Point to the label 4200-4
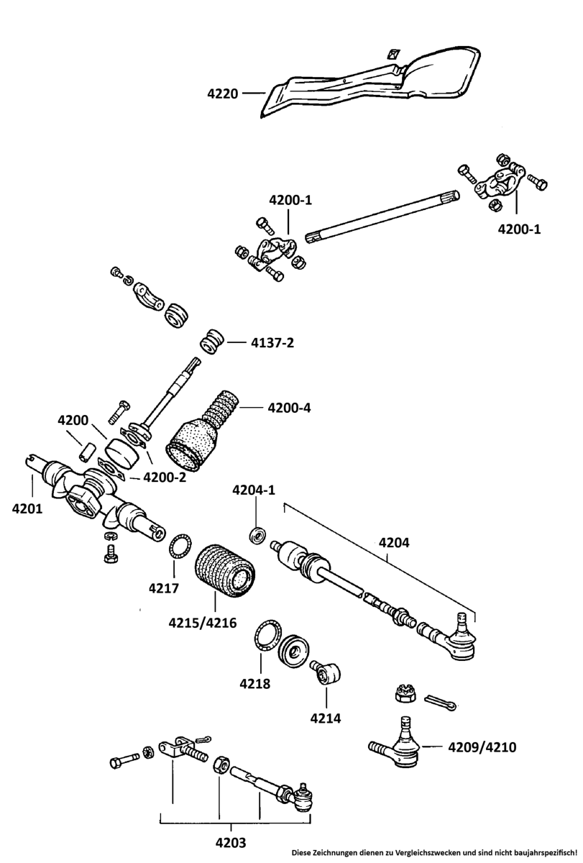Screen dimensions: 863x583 click(x=288, y=408)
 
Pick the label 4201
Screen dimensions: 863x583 click(x=28, y=508)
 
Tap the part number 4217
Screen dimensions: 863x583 click(x=163, y=587)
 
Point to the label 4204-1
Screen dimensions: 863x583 click(x=253, y=490)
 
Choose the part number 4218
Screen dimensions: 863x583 click(x=256, y=683)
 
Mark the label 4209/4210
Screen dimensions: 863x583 click(x=482, y=747)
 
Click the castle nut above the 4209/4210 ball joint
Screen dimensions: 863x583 click(x=404, y=695)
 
